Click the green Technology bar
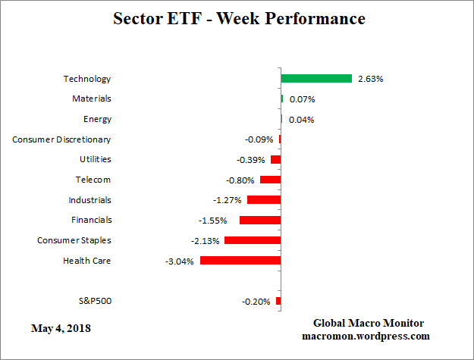316,79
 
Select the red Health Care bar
240,261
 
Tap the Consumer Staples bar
253,240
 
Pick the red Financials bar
260,220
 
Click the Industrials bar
264,200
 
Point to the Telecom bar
270,180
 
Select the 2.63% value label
369,79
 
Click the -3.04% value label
180,261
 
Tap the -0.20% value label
256,302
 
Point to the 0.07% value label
301,99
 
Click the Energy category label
97,119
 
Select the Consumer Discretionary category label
62,139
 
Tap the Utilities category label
95,159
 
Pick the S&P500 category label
95,301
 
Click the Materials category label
92,99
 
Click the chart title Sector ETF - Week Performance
238,18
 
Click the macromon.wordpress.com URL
366,336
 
